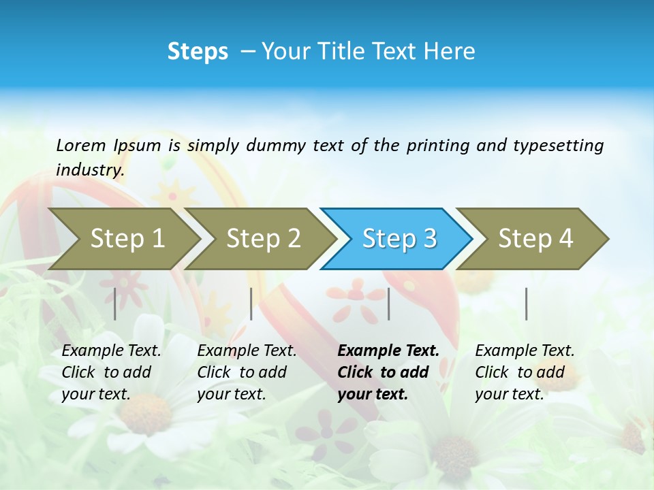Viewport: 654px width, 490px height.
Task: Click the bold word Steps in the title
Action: click(198, 52)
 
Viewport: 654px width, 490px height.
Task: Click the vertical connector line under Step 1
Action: click(115, 304)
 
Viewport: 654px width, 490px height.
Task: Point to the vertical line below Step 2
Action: click(251, 304)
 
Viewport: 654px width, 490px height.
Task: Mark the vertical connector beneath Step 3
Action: click(389, 304)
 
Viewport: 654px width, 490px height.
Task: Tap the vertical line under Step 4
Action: click(527, 304)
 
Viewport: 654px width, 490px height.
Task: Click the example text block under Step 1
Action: click(111, 372)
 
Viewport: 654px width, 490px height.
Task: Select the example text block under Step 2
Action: click(247, 372)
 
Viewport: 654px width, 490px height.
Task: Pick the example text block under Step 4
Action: click(525, 372)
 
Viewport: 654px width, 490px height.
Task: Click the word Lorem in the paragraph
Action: click(81, 145)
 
